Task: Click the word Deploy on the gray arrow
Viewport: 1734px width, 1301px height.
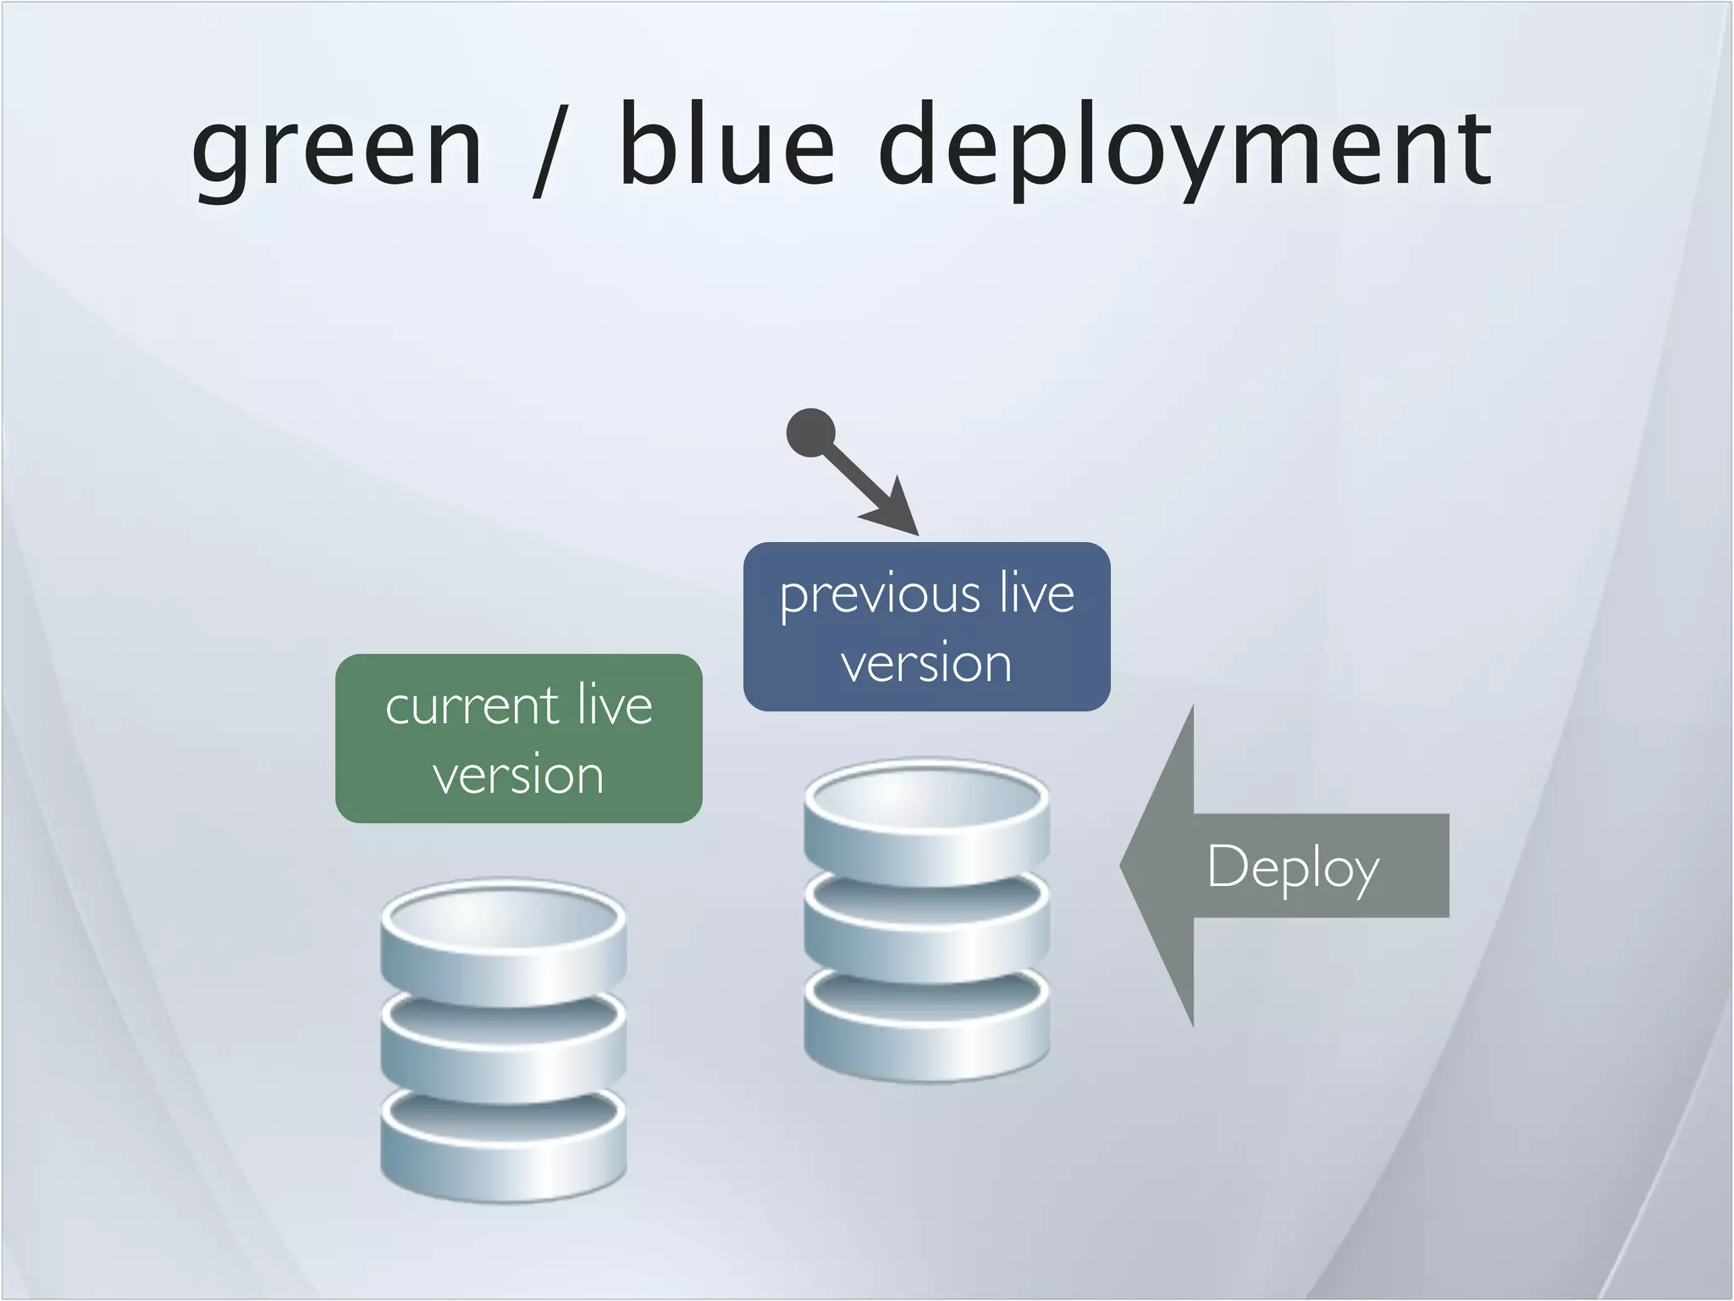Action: tap(1293, 867)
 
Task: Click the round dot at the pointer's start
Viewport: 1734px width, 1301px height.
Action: tap(811, 433)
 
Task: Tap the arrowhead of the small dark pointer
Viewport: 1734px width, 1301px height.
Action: tap(897, 511)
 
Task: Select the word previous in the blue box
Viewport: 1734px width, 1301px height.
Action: tap(880, 595)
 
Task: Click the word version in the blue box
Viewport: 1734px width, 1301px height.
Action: tap(926, 663)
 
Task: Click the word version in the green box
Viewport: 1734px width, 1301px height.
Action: tap(518, 775)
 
